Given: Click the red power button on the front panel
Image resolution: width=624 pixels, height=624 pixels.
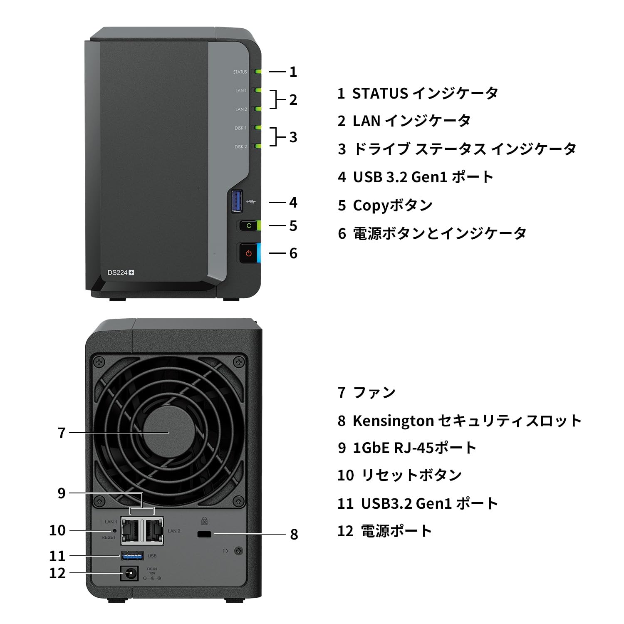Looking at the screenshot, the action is click(x=249, y=253).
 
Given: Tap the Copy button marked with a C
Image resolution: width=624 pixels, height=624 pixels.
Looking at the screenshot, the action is click(x=249, y=225).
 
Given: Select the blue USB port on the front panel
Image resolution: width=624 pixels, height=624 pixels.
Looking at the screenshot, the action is click(x=237, y=201).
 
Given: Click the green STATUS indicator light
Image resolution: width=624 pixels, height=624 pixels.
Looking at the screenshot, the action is click(x=258, y=72).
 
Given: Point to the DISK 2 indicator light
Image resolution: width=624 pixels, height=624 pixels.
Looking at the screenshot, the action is click(x=258, y=146).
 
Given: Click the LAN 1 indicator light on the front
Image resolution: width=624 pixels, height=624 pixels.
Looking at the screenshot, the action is click(x=258, y=90).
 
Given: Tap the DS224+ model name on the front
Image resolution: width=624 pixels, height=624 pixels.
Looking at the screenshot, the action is click(x=121, y=273).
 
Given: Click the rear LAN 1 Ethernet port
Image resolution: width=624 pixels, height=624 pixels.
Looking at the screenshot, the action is click(x=131, y=530).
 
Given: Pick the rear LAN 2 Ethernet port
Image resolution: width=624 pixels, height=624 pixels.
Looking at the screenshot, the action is click(x=154, y=530).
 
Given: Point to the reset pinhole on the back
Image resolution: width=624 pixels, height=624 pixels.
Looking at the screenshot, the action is click(x=115, y=531).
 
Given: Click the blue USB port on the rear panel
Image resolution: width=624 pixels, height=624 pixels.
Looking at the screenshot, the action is click(x=132, y=555).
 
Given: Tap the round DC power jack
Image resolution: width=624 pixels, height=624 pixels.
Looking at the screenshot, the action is click(x=129, y=574).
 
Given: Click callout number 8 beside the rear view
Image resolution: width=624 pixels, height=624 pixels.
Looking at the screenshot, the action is click(x=294, y=534).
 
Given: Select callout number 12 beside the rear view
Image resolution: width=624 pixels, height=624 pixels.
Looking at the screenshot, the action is click(x=57, y=573).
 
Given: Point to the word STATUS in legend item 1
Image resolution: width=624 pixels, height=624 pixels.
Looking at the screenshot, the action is click(x=380, y=94).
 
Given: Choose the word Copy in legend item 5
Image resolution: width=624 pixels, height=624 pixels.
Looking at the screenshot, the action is click(x=371, y=206).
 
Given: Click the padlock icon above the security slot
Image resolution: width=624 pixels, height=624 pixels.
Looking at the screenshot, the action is click(x=204, y=521).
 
